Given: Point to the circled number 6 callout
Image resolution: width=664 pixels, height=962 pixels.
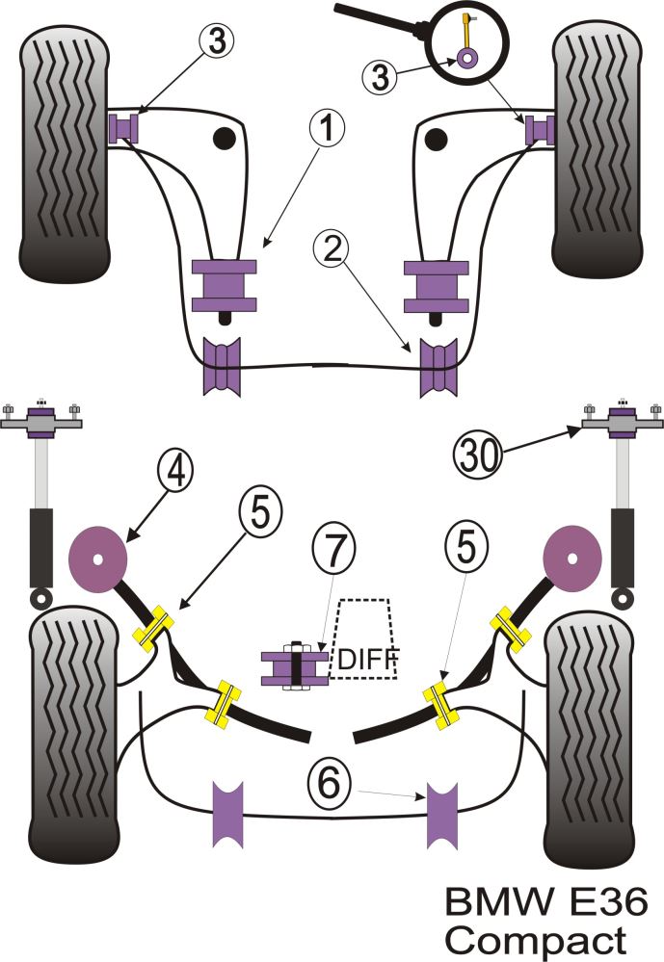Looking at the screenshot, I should (331, 785).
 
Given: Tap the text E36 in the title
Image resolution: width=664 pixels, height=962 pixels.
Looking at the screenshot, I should (593, 903).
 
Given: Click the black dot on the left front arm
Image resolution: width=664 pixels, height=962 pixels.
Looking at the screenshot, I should (224, 139).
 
